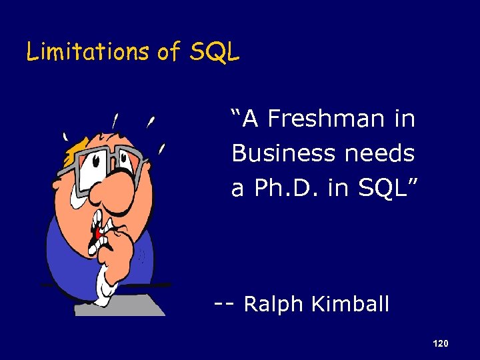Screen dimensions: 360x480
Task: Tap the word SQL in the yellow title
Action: (214, 51)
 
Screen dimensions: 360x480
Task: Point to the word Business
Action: (285, 154)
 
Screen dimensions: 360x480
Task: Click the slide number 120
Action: (440, 343)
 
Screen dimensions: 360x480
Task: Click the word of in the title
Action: (169, 51)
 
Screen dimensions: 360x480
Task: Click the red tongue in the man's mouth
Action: (98, 233)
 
